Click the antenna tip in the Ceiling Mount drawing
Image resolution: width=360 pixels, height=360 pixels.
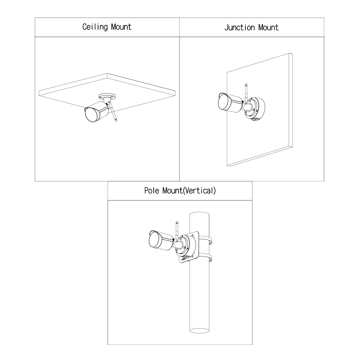click(116, 121)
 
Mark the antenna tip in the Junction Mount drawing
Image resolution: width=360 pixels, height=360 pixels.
click(246, 84)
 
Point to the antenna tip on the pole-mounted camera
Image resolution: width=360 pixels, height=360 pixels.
click(177, 222)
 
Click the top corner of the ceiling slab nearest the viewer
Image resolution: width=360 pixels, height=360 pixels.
click(107, 73)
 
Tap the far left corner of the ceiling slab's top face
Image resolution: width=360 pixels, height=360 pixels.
click(39, 91)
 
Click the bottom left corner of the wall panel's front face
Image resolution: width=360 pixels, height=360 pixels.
click(227, 166)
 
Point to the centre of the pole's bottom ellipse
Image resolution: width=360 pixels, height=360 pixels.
click(200, 331)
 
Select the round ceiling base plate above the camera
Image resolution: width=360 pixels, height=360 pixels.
click(107, 96)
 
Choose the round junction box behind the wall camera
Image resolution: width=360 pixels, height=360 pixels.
click(255, 109)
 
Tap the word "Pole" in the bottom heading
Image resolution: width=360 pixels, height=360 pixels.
click(152, 191)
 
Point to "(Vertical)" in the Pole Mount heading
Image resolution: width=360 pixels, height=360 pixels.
click(200, 191)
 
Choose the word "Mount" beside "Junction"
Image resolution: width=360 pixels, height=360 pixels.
click(268, 27)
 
